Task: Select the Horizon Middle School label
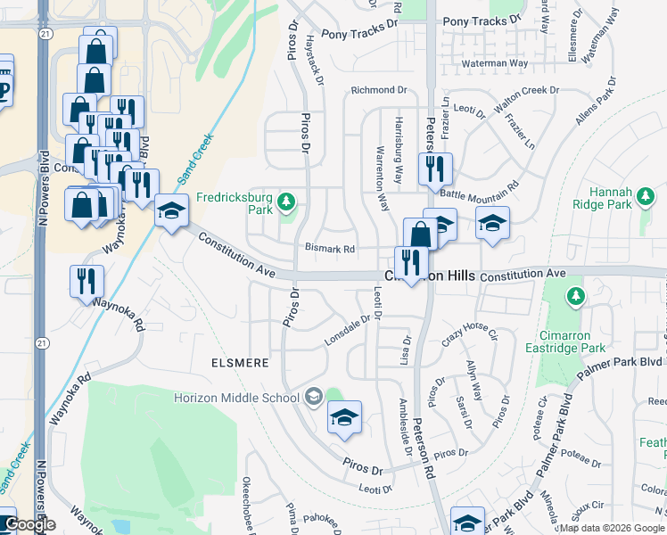238,397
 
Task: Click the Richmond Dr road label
378,90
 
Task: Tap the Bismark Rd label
330,249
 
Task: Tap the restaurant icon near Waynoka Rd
86,281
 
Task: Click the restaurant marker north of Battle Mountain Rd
435,168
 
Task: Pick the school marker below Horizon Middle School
344,417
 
